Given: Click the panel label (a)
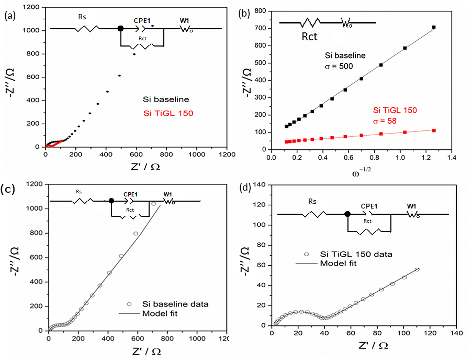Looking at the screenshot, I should (10, 16).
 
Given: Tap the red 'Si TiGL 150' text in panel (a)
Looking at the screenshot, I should (168, 113).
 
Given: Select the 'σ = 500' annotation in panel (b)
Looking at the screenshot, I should (339, 66).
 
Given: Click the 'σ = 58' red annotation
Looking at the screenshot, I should (385, 121).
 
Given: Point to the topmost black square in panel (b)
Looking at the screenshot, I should (434, 27).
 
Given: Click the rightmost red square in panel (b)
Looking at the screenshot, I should (434, 131).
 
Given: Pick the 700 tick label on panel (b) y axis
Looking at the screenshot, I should (260, 28).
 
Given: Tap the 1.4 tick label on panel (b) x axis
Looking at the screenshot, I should (452, 158).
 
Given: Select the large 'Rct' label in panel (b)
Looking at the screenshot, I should (309, 37).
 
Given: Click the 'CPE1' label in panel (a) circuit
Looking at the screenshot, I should (142, 21).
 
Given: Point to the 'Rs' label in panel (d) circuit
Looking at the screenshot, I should (312, 201).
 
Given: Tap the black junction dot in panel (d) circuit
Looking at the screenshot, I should (347, 214).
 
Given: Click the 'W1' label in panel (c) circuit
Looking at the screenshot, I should (168, 195).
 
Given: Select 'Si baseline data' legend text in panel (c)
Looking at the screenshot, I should (175, 304).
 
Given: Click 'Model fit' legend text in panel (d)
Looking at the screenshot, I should (338, 264).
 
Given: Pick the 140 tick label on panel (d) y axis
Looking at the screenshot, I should (259, 185).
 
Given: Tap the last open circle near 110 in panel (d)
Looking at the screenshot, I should (417, 270).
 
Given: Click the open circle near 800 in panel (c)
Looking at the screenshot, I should (136, 233).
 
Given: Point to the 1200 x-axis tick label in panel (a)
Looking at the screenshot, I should (227, 155).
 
